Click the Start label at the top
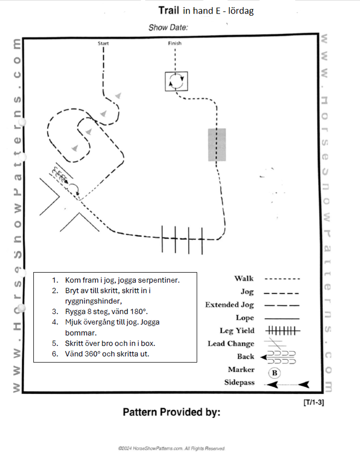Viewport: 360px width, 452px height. point(103,44)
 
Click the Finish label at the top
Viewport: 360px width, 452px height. point(175,44)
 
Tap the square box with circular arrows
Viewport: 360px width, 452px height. point(176,81)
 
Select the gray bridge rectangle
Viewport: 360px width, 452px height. point(217,144)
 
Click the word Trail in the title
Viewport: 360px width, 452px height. point(169,10)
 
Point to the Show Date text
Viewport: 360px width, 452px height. point(168,27)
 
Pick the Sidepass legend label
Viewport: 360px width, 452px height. point(239,383)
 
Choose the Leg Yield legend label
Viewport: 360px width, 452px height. point(237,331)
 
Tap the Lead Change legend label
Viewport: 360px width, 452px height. point(231,344)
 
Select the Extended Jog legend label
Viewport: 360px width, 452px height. point(229,304)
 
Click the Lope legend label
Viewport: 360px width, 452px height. point(245,318)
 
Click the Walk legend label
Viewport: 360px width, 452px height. point(244,278)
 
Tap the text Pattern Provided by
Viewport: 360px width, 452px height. point(171,412)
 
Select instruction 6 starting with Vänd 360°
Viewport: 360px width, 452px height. point(107,354)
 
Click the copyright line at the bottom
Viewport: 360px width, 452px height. point(171,448)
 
